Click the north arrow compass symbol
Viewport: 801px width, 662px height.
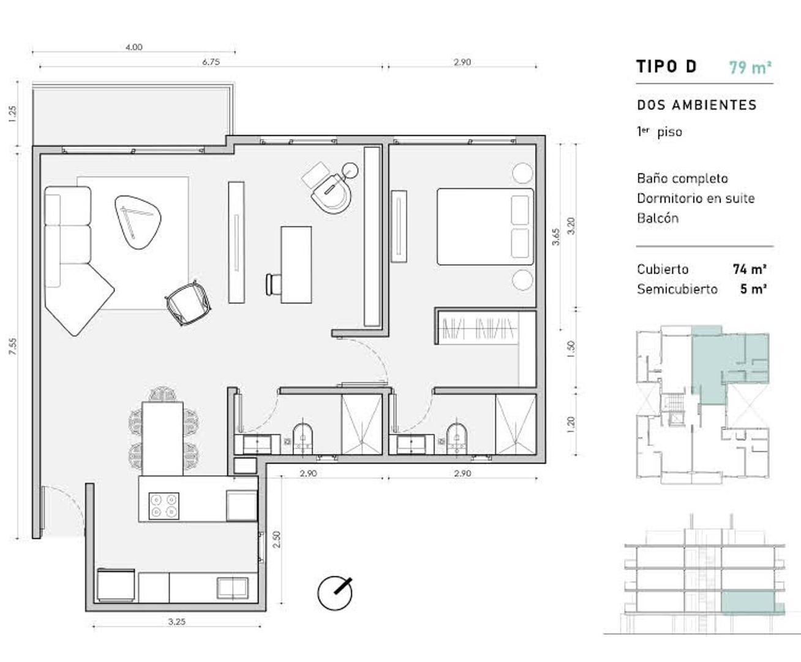click(x=335, y=593)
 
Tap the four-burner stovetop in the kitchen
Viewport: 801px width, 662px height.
click(x=164, y=506)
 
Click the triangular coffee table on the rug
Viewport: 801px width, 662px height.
click(x=138, y=221)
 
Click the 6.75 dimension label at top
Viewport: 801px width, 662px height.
click(x=211, y=62)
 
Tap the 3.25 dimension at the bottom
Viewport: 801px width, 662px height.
click(x=176, y=622)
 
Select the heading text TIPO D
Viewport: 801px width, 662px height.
click(x=666, y=66)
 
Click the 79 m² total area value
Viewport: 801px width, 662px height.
click(x=750, y=67)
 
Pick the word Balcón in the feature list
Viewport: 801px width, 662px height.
click(x=658, y=218)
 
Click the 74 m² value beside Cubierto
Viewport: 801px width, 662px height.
click(x=750, y=269)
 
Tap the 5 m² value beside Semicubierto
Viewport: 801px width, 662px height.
click(x=753, y=289)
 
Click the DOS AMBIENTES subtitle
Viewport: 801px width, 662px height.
click(x=697, y=105)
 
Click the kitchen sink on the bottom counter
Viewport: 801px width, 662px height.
click(x=233, y=587)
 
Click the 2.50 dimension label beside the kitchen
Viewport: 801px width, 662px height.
click(x=276, y=539)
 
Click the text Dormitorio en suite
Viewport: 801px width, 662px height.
click(x=696, y=198)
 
